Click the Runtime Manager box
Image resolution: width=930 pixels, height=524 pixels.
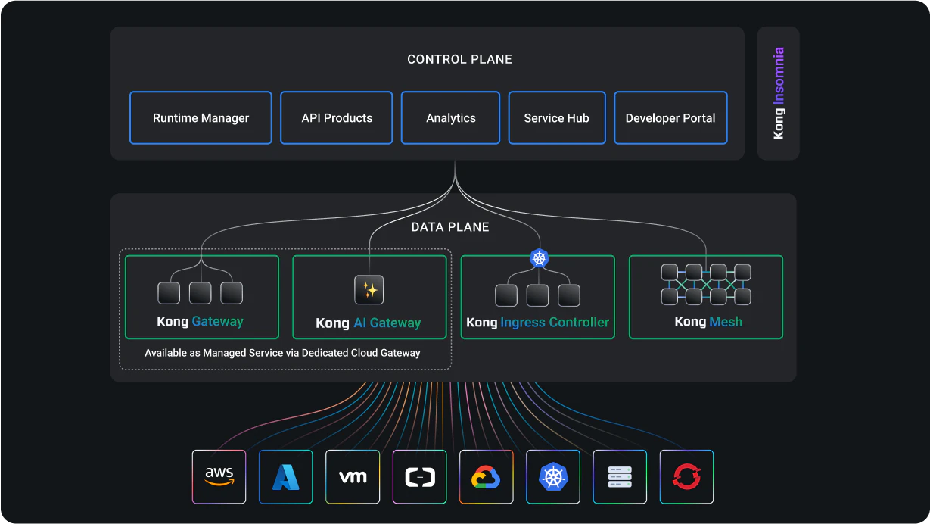coord(201,118)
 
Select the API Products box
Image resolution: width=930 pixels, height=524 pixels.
coord(336,118)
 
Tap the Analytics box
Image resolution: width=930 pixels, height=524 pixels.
coord(450,118)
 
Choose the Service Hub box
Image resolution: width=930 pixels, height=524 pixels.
coord(557,118)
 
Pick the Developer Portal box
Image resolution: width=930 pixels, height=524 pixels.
coord(670,118)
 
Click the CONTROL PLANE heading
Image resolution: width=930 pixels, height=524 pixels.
coord(459,59)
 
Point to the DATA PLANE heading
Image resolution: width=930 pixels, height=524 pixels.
coord(450,227)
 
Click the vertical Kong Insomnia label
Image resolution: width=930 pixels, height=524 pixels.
coord(779,93)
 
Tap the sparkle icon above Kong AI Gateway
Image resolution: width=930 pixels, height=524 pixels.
coord(369,289)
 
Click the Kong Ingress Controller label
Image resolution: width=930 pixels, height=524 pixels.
coord(538,323)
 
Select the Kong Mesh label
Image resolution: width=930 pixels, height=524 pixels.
coord(708,322)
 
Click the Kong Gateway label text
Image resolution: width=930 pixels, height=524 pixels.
coord(200,322)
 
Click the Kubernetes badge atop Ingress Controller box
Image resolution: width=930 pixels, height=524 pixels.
coord(540,258)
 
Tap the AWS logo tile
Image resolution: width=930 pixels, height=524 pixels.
coord(219,476)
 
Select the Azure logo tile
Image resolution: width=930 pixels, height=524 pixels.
coord(285,476)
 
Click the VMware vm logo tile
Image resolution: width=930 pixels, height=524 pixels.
coord(353,476)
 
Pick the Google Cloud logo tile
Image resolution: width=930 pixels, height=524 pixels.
coord(486,476)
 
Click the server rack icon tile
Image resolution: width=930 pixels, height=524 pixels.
coord(620,476)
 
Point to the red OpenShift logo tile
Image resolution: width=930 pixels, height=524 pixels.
coord(686,476)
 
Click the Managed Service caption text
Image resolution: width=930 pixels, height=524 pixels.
coord(282,353)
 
